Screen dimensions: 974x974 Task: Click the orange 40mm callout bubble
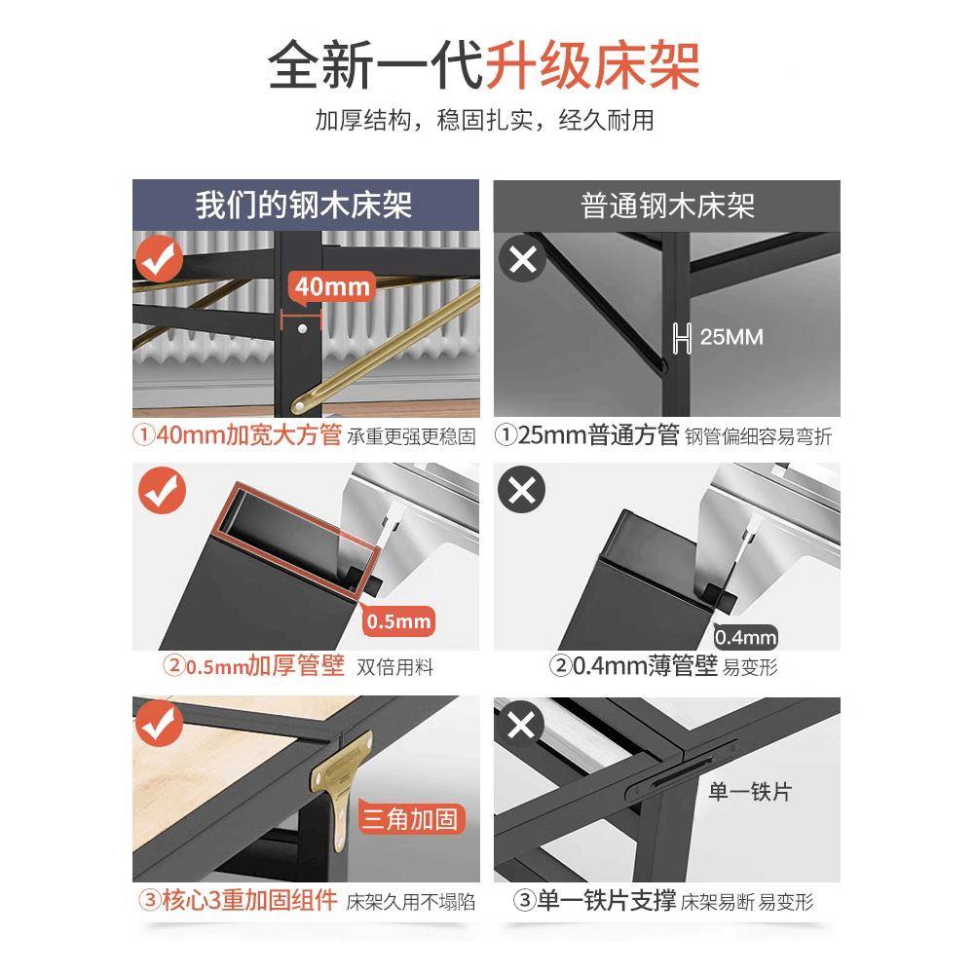pos(332,287)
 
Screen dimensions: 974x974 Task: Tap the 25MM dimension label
pos(731,337)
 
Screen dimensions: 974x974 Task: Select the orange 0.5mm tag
pos(398,620)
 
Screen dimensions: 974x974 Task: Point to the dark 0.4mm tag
pos(745,637)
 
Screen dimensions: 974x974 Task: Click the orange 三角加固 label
pos(411,819)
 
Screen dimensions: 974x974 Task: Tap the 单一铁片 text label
pos(750,791)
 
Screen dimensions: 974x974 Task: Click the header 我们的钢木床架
pos(304,205)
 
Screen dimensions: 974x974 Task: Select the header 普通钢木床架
pos(668,206)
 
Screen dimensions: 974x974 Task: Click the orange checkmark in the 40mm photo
pos(159,259)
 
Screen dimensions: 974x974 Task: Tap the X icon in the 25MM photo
pos(523,258)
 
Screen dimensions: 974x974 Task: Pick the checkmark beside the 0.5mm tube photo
pos(162,491)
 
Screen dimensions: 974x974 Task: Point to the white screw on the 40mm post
pos(302,328)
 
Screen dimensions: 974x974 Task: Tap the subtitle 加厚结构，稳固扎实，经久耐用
pos(484,120)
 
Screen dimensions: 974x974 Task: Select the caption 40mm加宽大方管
pos(248,434)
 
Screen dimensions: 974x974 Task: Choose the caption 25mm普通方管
pos(599,434)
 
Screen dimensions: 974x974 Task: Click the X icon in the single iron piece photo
pos(520,724)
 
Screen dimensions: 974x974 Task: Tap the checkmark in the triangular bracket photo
pos(159,723)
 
